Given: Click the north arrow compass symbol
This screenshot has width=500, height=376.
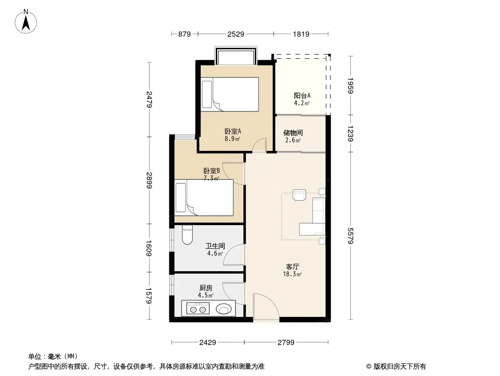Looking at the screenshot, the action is pyautogui.click(x=26, y=21).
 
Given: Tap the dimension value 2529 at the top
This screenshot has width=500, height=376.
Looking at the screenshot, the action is pyautogui.click(x=235, y=34).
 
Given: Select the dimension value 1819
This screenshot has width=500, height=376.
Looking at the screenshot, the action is pyautogui.click(x=301, y=34).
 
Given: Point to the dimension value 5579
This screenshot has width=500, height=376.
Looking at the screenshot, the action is pyautogui.click(x=350, y=236).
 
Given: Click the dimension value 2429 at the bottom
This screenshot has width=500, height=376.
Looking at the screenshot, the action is pyautogui.click(x=208, y=343).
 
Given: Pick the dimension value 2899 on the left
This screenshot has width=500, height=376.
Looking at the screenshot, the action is pyautogui.click(x=149, y=180).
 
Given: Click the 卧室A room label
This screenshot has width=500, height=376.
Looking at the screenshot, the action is pyautogui.click(x=233, y=131).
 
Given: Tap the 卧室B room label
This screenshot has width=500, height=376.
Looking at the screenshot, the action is pyautogui.click(x=212, y=171).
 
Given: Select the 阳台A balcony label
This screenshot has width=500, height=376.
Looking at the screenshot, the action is pyautogui.click(x=302, y=95).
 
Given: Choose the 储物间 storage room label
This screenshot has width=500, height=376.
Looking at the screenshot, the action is pyautogui.click(x=293, y=133).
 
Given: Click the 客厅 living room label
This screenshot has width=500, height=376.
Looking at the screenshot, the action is pyautogui.click(x=292, y=267).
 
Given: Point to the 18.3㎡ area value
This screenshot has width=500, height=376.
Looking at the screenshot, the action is pyautogui.click(x=292, y=274).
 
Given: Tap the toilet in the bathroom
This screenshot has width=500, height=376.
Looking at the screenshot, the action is pyautogui.click(x=187, y=235).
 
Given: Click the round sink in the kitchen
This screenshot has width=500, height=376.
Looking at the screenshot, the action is pyautogui.click(x=224, y=309).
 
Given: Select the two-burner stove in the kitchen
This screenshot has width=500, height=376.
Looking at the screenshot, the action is pyautogui.click(x=198, y=309).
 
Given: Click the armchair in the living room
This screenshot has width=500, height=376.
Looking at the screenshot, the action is pyautogui.click(x=299, y=195).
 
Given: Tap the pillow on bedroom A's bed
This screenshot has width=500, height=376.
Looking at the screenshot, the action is pyautogui.click(x=207, y=94).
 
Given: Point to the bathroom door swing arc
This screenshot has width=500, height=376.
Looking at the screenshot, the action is pyautogui.click(x=234, y=255).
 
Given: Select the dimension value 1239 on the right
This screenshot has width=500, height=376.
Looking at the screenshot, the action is pyautogui.click(x=350, y=133).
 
